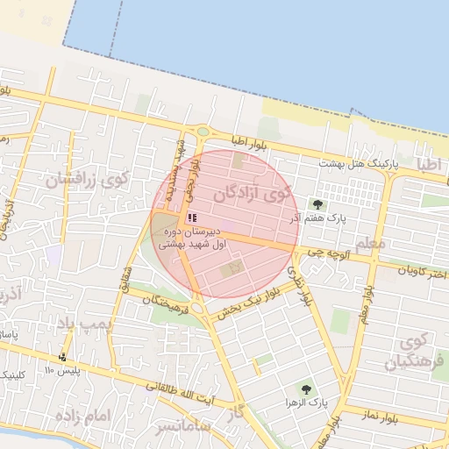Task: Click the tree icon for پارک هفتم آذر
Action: coord(317,204)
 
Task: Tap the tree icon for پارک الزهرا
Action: coord(305,388)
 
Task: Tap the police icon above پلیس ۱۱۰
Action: coord(62,357)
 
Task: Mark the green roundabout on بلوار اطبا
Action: coord(203,132)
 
